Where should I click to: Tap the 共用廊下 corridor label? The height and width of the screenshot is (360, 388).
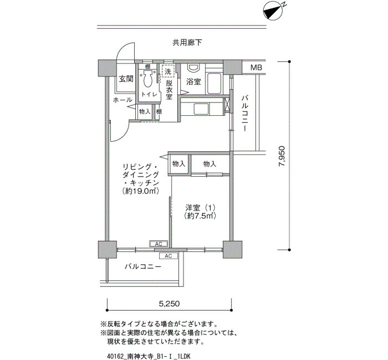(187, 43)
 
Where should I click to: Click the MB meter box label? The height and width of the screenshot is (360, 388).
(256, 67)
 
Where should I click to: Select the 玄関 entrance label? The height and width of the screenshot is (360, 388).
(126, 79)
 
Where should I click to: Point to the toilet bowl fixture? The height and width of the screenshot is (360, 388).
(147, 78)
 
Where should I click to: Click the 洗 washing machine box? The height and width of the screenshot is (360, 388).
(169, 71)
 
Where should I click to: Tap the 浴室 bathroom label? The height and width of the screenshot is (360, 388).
(193, 81)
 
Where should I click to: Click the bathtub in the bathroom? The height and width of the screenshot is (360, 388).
(215, 84)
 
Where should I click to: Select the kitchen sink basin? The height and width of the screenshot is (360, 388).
(201, 109)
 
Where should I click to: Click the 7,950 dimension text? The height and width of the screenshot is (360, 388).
(282, 156)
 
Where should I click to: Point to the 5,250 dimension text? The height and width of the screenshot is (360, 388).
(169, 304)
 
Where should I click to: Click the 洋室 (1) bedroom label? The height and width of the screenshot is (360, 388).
(201, 207)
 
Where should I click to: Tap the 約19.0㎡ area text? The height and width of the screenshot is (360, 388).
(141, 191)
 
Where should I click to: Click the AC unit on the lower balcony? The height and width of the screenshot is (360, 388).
(169, 256)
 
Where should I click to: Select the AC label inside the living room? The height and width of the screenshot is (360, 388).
(159, 244)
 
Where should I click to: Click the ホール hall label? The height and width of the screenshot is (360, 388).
(122, 100)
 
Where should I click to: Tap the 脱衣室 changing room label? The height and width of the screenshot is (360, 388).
(169, 90)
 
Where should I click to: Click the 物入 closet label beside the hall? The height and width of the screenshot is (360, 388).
(145, 111)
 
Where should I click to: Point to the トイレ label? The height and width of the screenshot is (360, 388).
(149, 95)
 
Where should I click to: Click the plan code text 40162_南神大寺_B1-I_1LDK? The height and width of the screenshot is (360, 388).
(149, 356)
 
